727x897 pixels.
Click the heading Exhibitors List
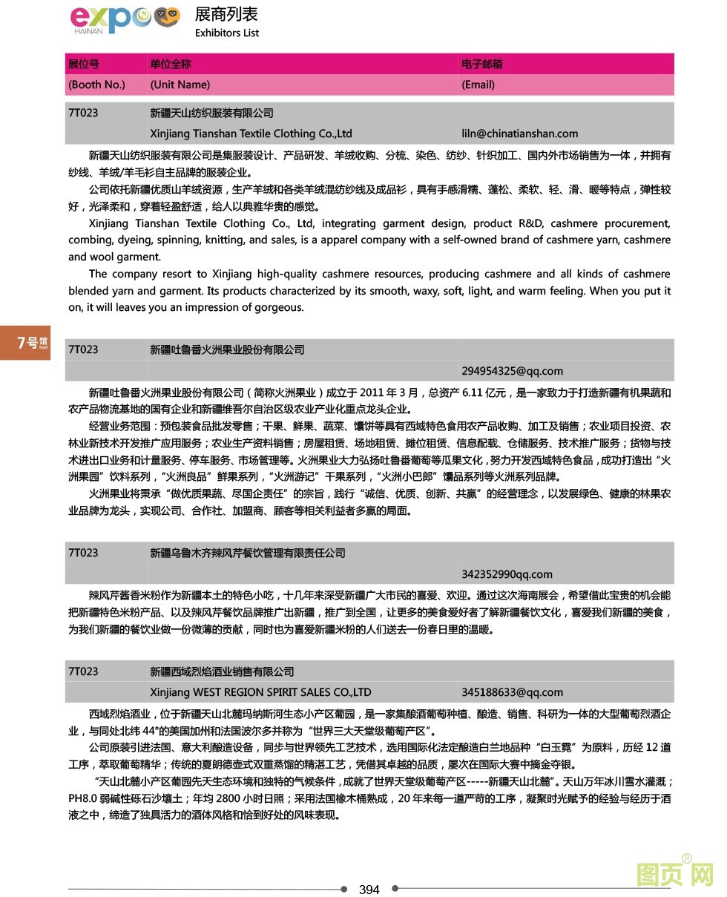(x=227, y=33)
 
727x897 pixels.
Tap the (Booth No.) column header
(x=96, y=85)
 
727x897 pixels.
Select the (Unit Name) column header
(x=180, y=85)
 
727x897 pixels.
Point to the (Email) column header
(x=478, y=85)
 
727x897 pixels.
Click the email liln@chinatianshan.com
(x=519, y=134)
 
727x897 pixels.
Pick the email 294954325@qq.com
(x=512, y=371)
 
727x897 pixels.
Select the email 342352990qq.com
(x=507, y=574)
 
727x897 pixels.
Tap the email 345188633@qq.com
(x=512, y=692)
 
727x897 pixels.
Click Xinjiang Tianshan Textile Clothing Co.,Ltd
(x=251, y=134)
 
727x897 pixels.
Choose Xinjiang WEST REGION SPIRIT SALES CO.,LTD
(x=260, y=692)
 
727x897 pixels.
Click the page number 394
(x=369, y=890)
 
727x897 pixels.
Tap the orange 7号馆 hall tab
(x=25, y=342)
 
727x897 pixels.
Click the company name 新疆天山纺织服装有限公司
(x=211, y=113)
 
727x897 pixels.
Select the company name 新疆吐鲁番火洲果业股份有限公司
(x=227, y=349)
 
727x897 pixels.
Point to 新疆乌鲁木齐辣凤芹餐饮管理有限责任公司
(x=248, y=553)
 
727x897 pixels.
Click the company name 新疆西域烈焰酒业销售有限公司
(x=222, y=671)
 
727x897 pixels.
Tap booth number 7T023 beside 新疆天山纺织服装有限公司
(x=83, y=113)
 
